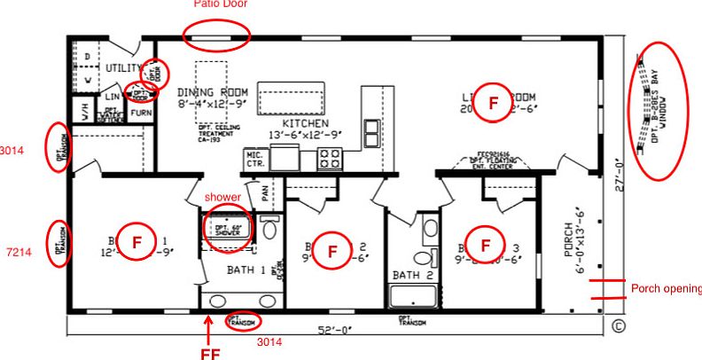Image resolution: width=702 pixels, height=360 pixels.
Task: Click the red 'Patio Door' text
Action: (221, 4)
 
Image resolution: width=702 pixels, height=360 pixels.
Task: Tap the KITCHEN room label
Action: (305, 123)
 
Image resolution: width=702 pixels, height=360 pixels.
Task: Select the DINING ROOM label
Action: (212, 91)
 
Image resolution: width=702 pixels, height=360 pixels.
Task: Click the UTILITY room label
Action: (123, 67)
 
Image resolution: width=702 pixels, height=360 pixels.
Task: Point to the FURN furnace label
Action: (141, 113)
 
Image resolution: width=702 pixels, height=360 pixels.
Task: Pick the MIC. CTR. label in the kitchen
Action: (254, 159)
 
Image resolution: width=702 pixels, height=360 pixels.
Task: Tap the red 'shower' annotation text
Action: (222, 196)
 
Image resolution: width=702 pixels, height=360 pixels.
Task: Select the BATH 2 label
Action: (412, 276)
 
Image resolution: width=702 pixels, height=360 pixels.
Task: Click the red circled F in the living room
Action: (493, 105)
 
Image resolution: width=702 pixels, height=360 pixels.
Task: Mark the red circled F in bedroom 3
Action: (485, 244)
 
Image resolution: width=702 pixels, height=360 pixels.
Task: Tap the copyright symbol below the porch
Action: (619, 325)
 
